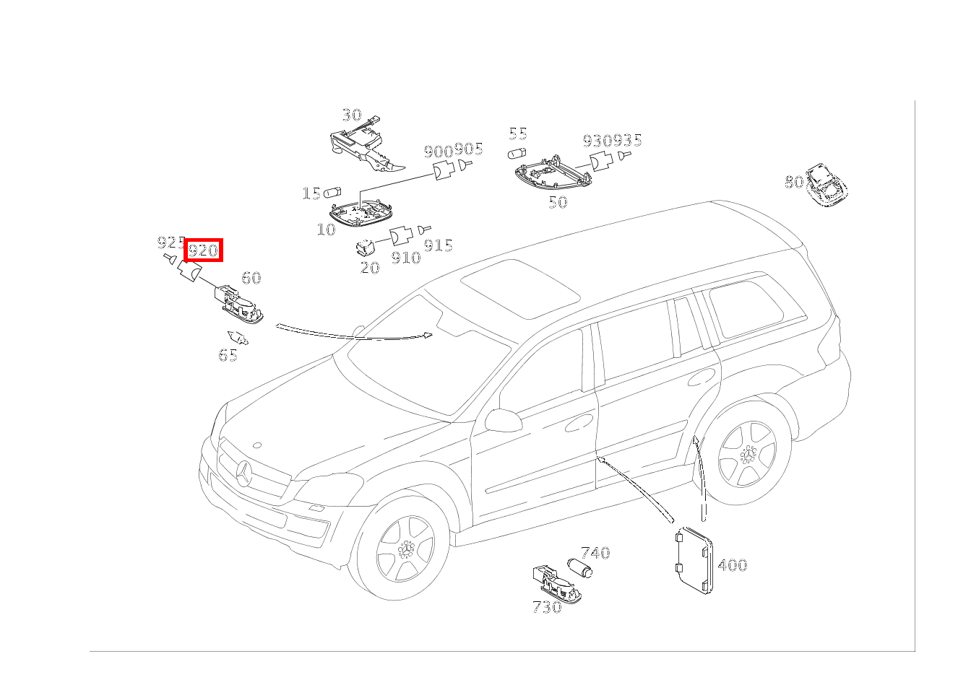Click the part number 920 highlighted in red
click(x=203, y=250)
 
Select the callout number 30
click(x=351, y=115)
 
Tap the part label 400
click(x=732, y=565)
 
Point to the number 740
click(x=595, y=553)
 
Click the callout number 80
click(x=793, y=182)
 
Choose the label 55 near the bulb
click(x=518, y=134)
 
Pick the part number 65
click(x=228, y=355)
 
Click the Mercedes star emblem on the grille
click(x=243, y=474)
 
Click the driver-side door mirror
click(x=504, y=420)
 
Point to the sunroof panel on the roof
click(x=520, y=287)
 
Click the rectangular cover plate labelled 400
click(x=692, y=560)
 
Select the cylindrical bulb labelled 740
click(x=579, y=568)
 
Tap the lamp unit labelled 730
click(x=556, y=585)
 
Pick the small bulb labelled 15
click(x=332, y=193)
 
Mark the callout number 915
click(x=438, y=245)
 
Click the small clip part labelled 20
click(x=366, y=248)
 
